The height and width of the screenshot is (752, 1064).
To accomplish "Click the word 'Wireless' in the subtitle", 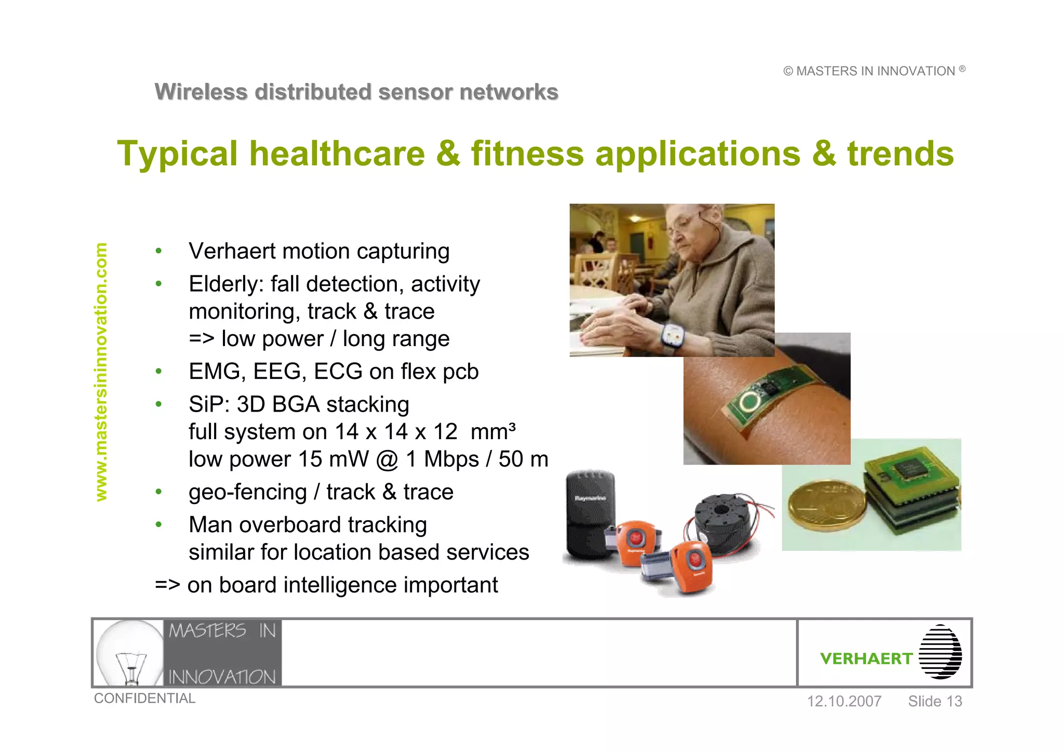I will click(201, 92).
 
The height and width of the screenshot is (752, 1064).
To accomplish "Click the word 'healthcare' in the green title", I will click(337, 154).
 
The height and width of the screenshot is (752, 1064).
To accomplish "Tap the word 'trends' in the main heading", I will click(900, 154).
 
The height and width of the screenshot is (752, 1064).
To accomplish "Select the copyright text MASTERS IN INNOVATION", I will click(874, 71).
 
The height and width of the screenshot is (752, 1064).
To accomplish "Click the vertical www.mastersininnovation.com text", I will click(101, 372).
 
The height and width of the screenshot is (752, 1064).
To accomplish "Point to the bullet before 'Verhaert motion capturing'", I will click(158, 252).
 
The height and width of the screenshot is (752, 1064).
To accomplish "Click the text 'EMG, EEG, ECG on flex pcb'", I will click(333, 372).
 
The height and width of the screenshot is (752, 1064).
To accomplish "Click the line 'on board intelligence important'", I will click(342, 585).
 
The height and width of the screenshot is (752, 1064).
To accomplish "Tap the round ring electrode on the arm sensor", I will click(749, 401).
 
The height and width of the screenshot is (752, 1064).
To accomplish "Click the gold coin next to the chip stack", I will click(827, 504).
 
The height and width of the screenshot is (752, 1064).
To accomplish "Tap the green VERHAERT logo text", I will click(866, 658).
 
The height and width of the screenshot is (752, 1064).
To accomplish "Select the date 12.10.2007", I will click(844, 702).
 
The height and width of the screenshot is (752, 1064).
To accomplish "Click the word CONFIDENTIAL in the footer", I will click(144, 698).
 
